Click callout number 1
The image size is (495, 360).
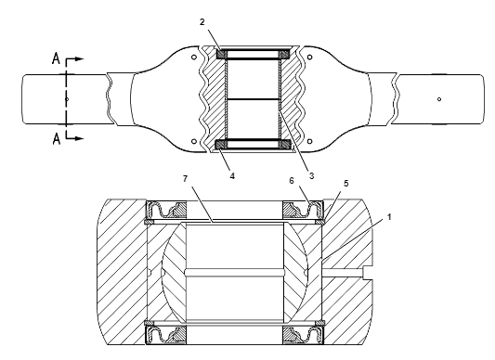coord(389,217)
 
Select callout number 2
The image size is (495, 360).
coord(202,21)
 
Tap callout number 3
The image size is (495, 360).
coord(311,175)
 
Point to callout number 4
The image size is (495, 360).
coord(232,175)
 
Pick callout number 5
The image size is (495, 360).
coord(346,184)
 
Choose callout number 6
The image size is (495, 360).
coord(292,181)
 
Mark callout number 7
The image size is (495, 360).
coord(186,178)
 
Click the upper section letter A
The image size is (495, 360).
coord(56,58)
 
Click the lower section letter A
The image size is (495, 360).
coord(57,139)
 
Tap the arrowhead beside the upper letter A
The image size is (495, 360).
coord(80,58)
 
